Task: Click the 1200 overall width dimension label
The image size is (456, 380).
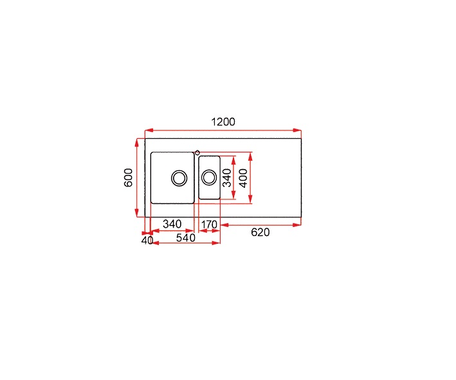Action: [223, 122]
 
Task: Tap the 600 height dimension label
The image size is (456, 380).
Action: [128, 177]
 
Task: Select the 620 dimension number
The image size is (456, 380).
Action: [260, 232]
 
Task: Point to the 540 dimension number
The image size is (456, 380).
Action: [185, 238]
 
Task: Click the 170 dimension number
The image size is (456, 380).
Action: [209, 224]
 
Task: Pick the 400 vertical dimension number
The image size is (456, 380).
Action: [243, 178]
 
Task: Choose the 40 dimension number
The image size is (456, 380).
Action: [147, 240]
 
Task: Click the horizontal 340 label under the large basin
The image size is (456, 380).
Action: [172, 224]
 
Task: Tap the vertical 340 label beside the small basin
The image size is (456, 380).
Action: [227, 177]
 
